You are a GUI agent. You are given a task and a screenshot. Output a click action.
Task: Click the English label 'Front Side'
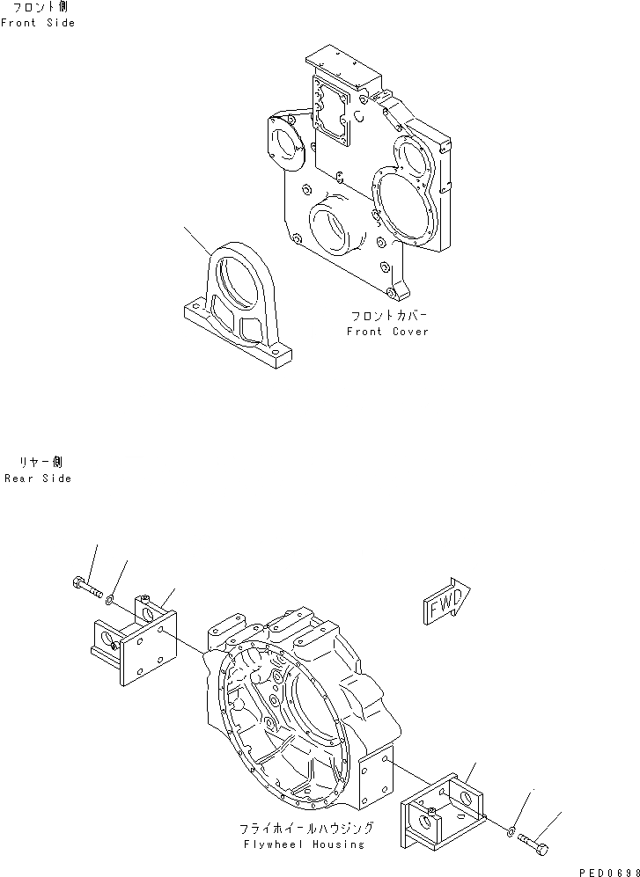click(38, 23)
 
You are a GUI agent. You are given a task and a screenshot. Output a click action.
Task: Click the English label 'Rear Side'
click(38, 479)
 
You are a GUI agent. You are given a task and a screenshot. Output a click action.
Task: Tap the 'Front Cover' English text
click(387, 332)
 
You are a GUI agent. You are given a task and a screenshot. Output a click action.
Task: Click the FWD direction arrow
click(447, 603)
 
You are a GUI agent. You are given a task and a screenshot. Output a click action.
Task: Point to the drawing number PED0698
click(607, 869)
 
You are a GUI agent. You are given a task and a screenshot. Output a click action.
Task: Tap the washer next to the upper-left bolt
click(108, 598)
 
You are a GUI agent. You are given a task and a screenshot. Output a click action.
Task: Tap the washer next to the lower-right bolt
click(511, 828)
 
